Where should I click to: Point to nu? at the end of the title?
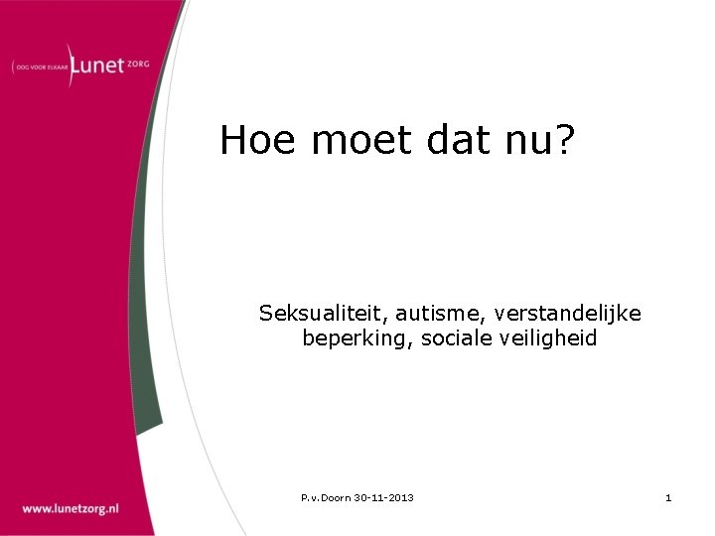pos(542,140)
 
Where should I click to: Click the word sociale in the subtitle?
pos(454,338)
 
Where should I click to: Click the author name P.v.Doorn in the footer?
pos(326,497)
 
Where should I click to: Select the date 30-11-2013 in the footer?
pos(384,497)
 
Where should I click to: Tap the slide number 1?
pos(668,497)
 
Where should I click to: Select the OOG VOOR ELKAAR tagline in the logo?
pos(39,67)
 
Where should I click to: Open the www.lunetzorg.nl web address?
pos(71,507)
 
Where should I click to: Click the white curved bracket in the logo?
pos(70,66)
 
